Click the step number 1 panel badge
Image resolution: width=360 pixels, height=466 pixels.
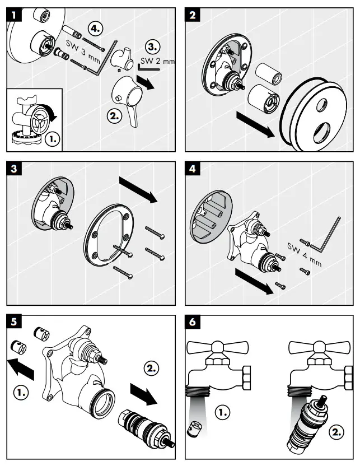13,15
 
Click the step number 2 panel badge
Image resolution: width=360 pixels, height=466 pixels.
193,15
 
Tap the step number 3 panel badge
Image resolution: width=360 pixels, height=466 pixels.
13,168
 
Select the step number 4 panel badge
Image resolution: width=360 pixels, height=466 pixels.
193,168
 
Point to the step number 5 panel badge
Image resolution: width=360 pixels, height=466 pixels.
13,321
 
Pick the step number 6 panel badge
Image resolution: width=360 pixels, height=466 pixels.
193,321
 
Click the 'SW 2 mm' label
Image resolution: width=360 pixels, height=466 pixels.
157,60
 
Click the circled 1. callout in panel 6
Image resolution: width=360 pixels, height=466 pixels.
223,413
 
